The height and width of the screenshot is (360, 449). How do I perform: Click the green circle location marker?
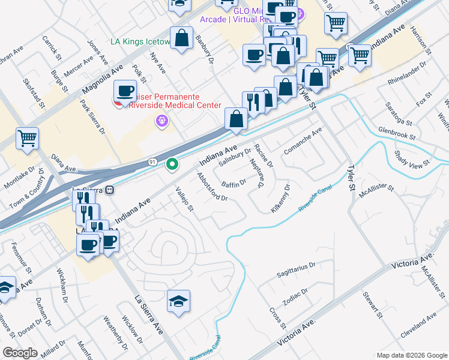tap(172, 163)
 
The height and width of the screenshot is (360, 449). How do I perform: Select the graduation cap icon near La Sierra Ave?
tap(178, 302)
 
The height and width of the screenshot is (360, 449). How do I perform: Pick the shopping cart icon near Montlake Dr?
tap(28, 139)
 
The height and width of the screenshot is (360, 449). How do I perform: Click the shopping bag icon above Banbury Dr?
tap(181, 39)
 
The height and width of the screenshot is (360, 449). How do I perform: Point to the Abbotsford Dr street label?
tap(212, 187)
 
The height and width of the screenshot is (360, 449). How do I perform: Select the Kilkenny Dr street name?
tap(280, 196)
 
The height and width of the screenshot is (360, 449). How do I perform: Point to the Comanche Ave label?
tap(303, 140)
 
